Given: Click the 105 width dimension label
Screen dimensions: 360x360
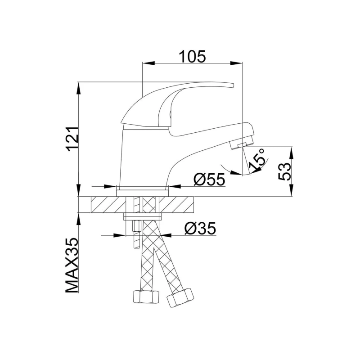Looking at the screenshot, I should click(x=192, y=56).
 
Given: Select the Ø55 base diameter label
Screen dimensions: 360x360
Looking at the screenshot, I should click(x=209, y=180).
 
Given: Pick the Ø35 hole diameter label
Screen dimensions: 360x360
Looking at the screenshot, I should click(x=201, y=229).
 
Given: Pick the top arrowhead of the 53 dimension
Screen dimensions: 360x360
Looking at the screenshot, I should click(x=291, y=152).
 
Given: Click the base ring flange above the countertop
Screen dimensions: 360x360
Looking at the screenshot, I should click(x=143, y=191).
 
